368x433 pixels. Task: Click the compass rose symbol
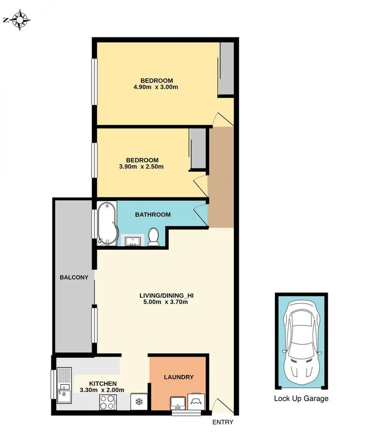point(20,20)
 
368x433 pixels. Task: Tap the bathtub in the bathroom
point(107,223)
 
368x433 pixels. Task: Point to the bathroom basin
point(132,240)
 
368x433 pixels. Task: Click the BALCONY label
point(74,278)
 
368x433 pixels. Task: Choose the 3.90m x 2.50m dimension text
point(141,167)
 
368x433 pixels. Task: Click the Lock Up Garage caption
point(301,399)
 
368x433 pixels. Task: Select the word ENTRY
point(223,423)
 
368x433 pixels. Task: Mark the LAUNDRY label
point(179,377)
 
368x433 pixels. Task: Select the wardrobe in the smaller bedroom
point(197,149)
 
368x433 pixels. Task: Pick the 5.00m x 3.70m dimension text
point(164,302)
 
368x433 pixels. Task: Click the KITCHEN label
point(102,384)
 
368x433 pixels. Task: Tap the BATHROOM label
point(153,215)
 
